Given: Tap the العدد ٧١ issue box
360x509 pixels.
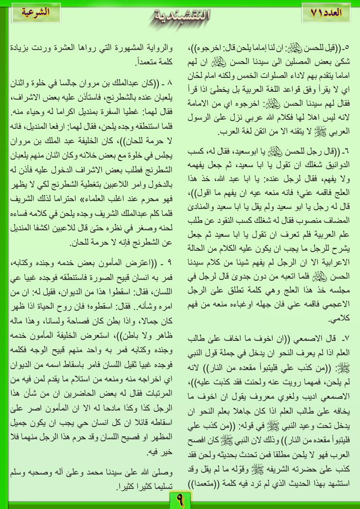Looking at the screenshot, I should point(326,13).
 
